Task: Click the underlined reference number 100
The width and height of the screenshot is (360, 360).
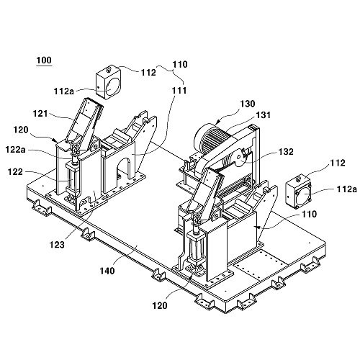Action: [44, 60]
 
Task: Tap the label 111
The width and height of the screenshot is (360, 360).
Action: [179, 91]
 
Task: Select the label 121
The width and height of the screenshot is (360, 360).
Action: [40, 113]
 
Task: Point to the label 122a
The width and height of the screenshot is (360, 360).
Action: [15, 150]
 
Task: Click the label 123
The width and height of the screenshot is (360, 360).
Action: [57, 245]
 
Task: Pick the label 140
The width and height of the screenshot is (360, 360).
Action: [107, 271]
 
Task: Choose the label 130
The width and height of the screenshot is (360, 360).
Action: [248, 104]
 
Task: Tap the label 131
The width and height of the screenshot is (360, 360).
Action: [264, 115]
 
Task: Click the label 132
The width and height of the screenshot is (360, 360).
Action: [286, 152]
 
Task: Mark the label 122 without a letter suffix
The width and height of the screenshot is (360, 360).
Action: [15, 172]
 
